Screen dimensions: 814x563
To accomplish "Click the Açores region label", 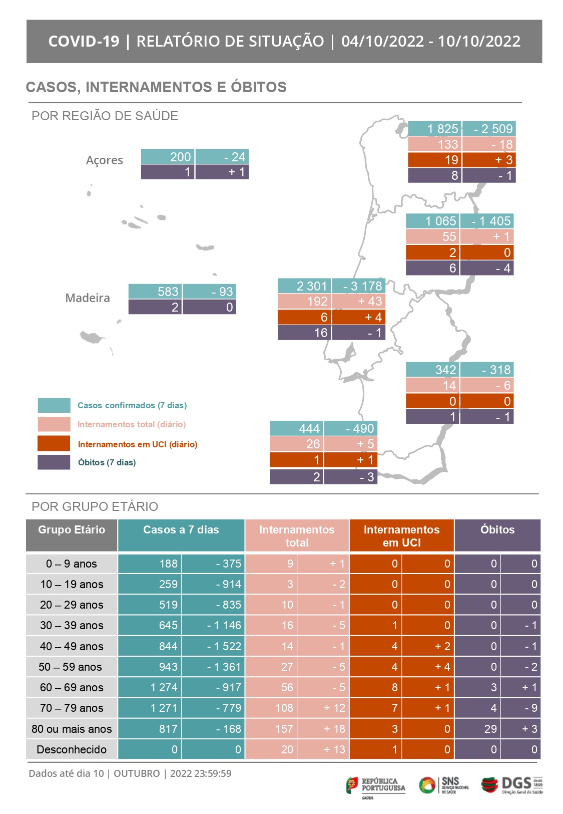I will point(104,160).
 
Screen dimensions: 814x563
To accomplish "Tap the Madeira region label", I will point(88,298).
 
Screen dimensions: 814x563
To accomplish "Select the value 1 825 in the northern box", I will point(442,129).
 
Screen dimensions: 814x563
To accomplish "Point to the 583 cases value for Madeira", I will point(168,292).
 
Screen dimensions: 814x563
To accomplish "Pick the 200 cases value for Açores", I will point(180,157).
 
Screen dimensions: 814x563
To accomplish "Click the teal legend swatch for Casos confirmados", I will point(54,405).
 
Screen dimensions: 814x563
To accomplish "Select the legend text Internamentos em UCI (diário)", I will point(138,444).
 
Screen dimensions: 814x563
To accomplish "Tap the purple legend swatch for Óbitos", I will point(54,462).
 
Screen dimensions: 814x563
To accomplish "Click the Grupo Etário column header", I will point(72,530).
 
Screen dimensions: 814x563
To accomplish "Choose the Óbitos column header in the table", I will point(497,530).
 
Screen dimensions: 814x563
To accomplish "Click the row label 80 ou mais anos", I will point(72,729).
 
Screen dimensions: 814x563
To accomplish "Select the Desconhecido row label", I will point(72,749).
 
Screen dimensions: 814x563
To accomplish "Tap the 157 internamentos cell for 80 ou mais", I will point(284,729).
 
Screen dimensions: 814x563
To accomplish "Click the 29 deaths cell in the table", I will point(490,729).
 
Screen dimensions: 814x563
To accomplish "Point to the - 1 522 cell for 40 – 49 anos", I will point(224,646).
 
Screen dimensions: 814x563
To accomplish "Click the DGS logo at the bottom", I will point(511,784).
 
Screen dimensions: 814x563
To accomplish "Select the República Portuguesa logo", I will point(376,786).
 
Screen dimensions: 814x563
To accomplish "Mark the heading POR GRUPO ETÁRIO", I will point(95,506).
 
